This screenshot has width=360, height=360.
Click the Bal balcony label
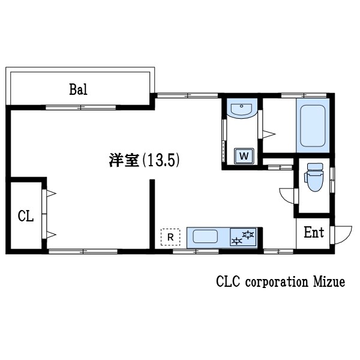coord(79,90)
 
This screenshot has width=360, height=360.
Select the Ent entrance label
coord(313,233)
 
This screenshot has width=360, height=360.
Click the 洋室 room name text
coord(125,160)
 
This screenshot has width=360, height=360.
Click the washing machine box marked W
coord(244,156)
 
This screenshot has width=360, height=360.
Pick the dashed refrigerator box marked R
coord(171,237)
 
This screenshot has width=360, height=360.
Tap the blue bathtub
coord(312,127)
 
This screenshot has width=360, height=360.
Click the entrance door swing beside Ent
coord(342,234)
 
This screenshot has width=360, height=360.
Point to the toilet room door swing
coord(288,195)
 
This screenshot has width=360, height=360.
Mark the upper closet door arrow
coord(50,193)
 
